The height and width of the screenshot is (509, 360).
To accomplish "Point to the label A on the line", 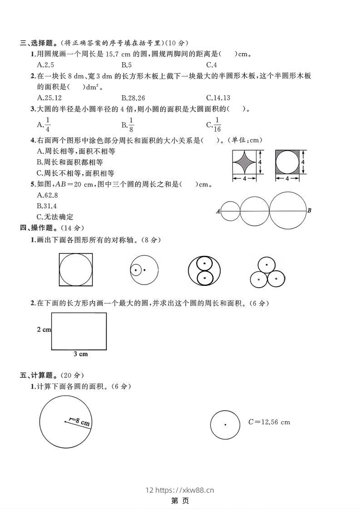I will click(x=218, y=211).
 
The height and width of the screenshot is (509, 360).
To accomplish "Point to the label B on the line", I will click(x=309, y=210).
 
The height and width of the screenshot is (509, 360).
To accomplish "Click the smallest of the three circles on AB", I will click(x=230, y=211).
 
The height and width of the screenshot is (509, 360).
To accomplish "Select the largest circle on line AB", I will click(x=288, y=210).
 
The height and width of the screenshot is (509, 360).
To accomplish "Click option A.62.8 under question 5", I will click(x=48, y=196).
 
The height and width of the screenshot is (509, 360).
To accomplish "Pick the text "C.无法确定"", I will click(x=55, y=217).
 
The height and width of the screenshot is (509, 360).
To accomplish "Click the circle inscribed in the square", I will click(x=76, y=270).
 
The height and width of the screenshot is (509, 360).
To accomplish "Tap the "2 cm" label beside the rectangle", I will click(x=44, y=330).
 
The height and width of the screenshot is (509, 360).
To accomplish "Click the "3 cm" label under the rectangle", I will click(x=80, y=354).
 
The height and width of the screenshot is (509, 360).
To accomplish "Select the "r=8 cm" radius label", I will click(x=79, y=422).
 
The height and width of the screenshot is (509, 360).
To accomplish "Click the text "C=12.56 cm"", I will click(x=269, y=422).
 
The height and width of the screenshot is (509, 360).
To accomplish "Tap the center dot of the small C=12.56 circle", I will click(x=226, y=425).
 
